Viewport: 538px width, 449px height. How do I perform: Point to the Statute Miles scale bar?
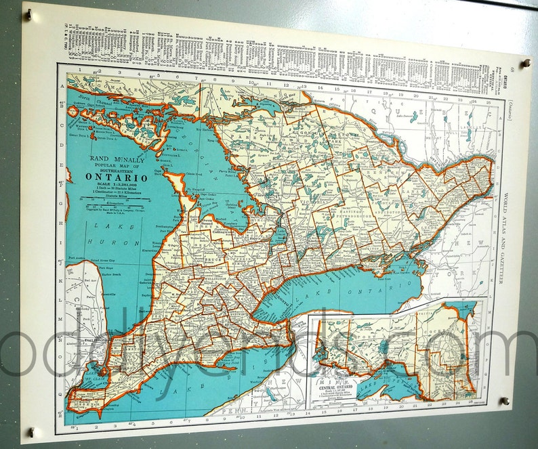(x=115, y=201)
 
